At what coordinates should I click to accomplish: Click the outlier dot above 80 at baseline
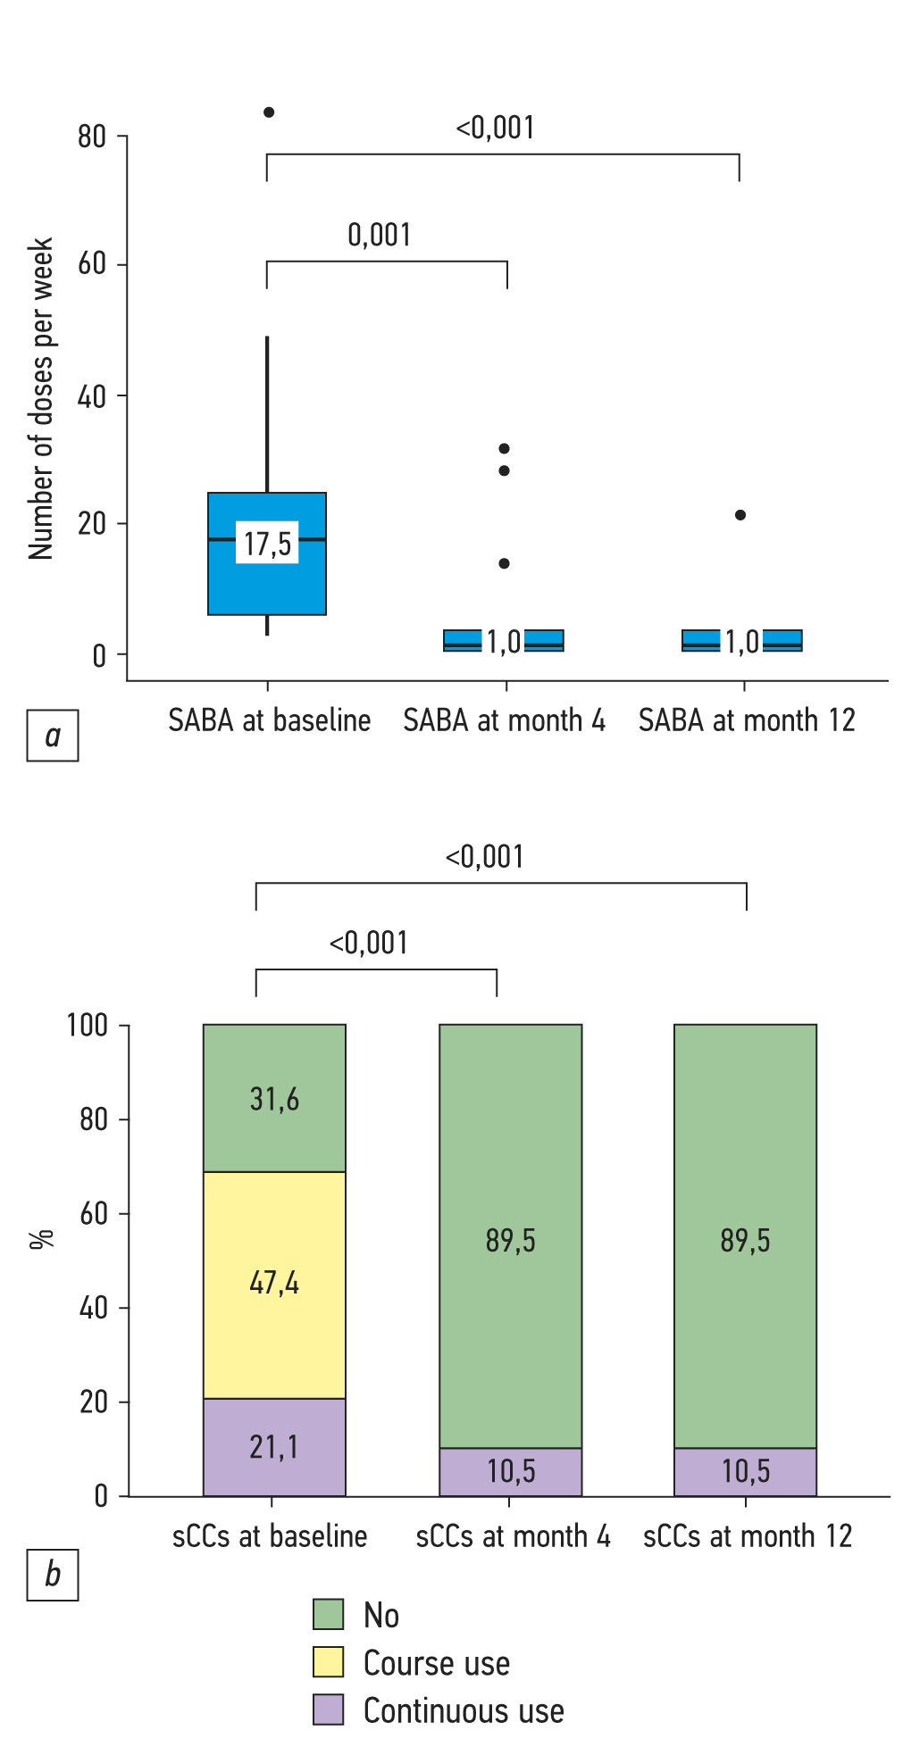click(269, 112)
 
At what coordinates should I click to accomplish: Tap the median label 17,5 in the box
click(268, 543)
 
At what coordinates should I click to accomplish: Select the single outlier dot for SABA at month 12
click(740, 515)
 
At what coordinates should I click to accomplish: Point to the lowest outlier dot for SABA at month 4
click(505, 563)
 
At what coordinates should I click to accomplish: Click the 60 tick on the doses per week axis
click(92, 264)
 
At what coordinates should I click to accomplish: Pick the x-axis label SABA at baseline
click(269, 720)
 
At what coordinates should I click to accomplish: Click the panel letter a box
click(53, 736)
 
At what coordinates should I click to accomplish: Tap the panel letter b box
click(53, 1575)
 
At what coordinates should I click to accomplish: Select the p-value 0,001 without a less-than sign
click(380, 235)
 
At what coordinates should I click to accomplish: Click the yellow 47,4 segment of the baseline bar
click(274, 1284)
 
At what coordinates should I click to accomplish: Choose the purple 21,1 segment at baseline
click(274, 1447)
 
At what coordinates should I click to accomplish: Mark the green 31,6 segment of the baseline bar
click(274, 1099)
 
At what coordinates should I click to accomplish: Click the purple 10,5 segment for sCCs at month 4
click(511, 1471)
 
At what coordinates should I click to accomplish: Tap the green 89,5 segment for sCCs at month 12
click(745, 1240)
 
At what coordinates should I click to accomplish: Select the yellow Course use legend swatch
click(328, 1661)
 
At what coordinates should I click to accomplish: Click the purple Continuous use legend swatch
click(328, 1710)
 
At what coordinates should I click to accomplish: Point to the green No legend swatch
click(328, 1614)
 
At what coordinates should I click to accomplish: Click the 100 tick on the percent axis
click(88, 1025)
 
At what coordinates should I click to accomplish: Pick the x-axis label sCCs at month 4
click(513, 1536)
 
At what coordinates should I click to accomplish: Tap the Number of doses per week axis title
click(41, 398)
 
